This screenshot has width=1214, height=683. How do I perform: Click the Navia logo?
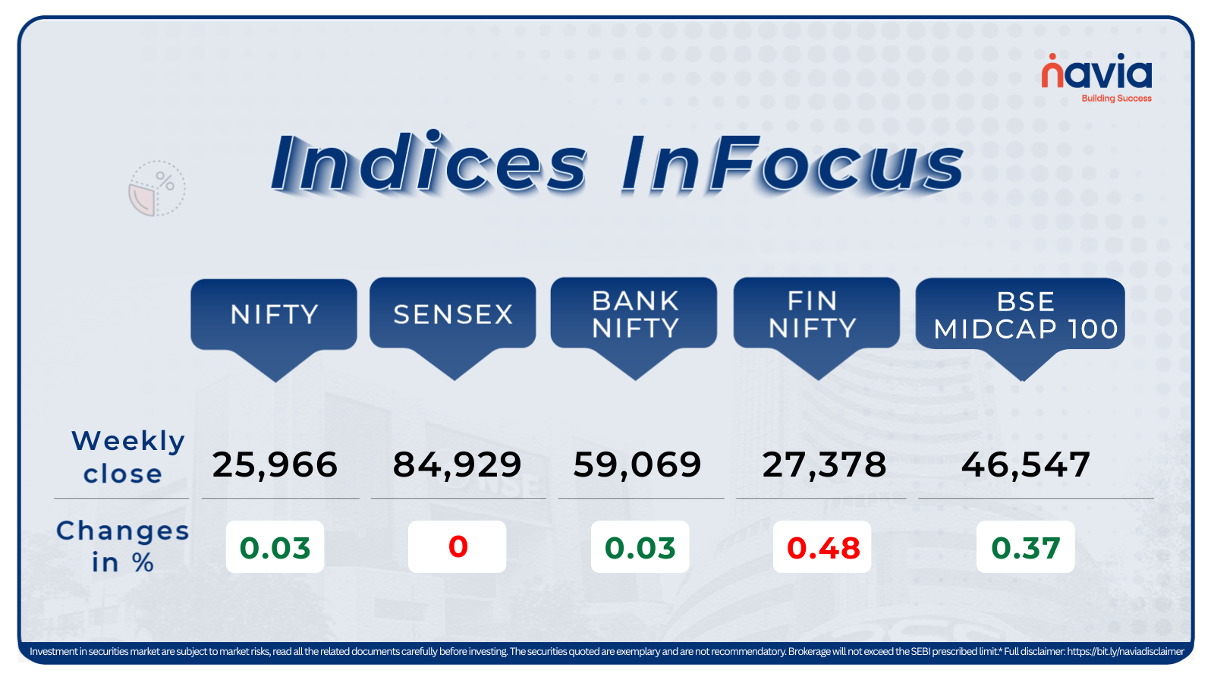click(x=1096, y=78)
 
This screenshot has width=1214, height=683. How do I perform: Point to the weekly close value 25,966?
click(x=275, y=465)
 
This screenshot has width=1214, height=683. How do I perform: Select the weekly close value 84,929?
click(x=457, y=465)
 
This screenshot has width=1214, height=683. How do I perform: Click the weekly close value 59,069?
click(x=637, y=464)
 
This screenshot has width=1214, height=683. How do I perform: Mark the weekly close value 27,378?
click(x=824, y=465)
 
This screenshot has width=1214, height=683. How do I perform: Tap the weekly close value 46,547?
click(x=1025, y=464)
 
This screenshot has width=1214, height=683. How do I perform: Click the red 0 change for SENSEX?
click(x=458, y=546)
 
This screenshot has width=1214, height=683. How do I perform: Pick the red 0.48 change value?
click(x=822, y=547)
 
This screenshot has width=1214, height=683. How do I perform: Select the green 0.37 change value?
click(x=1025, y=547)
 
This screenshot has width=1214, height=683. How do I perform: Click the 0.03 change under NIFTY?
click(x=275, y=547)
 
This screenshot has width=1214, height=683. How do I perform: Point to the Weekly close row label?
click(x=127, y=457)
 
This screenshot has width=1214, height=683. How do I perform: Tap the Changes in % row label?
click(x=122, y=546)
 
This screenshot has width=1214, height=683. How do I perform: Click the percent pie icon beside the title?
click(x=156, y=189)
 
